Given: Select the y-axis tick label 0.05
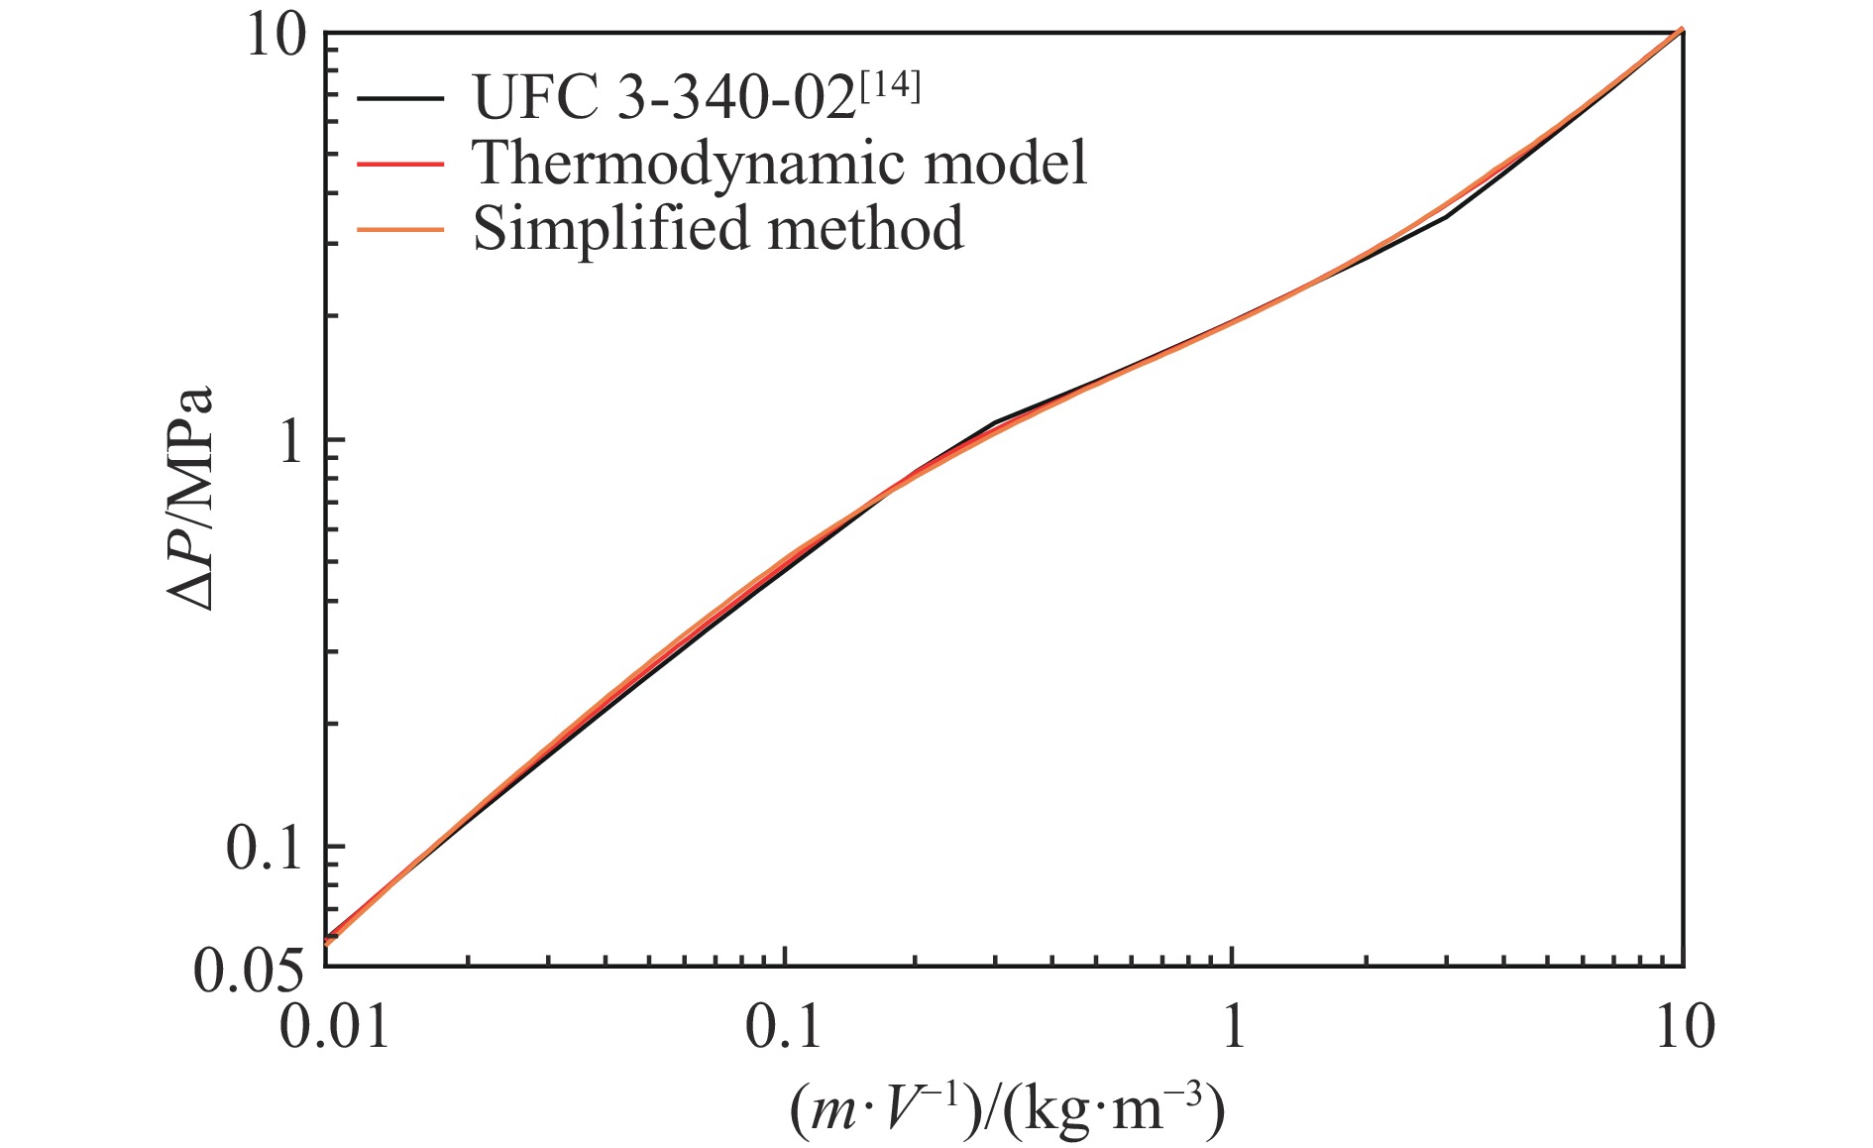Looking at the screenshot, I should (248, 972).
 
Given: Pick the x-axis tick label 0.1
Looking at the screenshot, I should (784, 1027).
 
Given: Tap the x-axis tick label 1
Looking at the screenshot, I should (1233, 1027).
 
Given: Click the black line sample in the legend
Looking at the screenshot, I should (400, 97).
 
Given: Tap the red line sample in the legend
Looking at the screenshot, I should (400, 163).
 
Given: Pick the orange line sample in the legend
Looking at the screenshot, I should (400, 229).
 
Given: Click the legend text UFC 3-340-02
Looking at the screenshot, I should (664, 97).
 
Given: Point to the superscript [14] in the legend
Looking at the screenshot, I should (890, 87).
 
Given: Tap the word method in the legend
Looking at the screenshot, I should (865, 229).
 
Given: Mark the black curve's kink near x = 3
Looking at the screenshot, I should (1446, 216).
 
